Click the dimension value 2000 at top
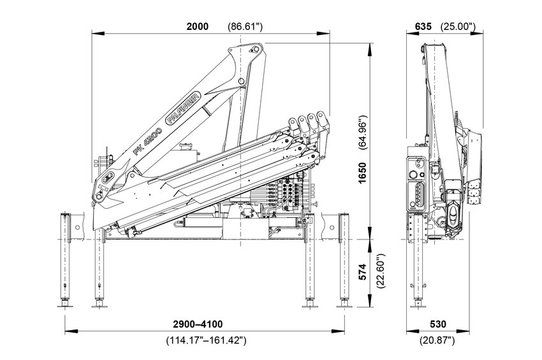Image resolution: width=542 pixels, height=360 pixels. point(197,26)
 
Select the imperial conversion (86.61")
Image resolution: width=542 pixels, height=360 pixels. point(245,26)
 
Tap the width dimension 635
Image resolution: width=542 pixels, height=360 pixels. point(423,26)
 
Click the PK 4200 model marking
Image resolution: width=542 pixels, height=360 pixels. point(147,141)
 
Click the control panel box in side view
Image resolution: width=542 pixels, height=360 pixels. point(418,185)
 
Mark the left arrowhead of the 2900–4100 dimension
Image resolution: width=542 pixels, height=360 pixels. point(68,331)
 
